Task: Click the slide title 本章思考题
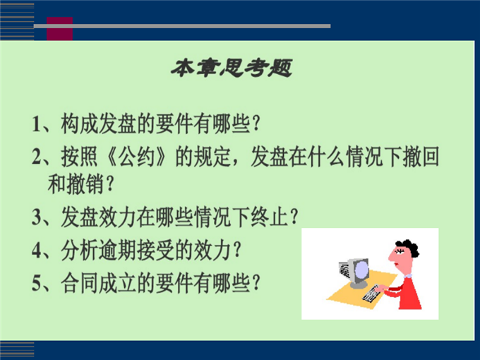click(232, 68)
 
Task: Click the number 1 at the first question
click(36, 124)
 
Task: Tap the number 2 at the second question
click(36, 157)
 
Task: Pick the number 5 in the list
click(36, 283)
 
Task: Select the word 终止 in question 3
click(269, 217)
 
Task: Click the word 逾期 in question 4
click(118, 250)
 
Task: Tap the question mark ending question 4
click(236, 250)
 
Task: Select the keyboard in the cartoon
click(371, 294)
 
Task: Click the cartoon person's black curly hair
click(409, 247)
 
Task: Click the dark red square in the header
click(60, 29)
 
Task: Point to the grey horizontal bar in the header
click(182, 26)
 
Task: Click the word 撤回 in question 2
click(421, 157)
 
